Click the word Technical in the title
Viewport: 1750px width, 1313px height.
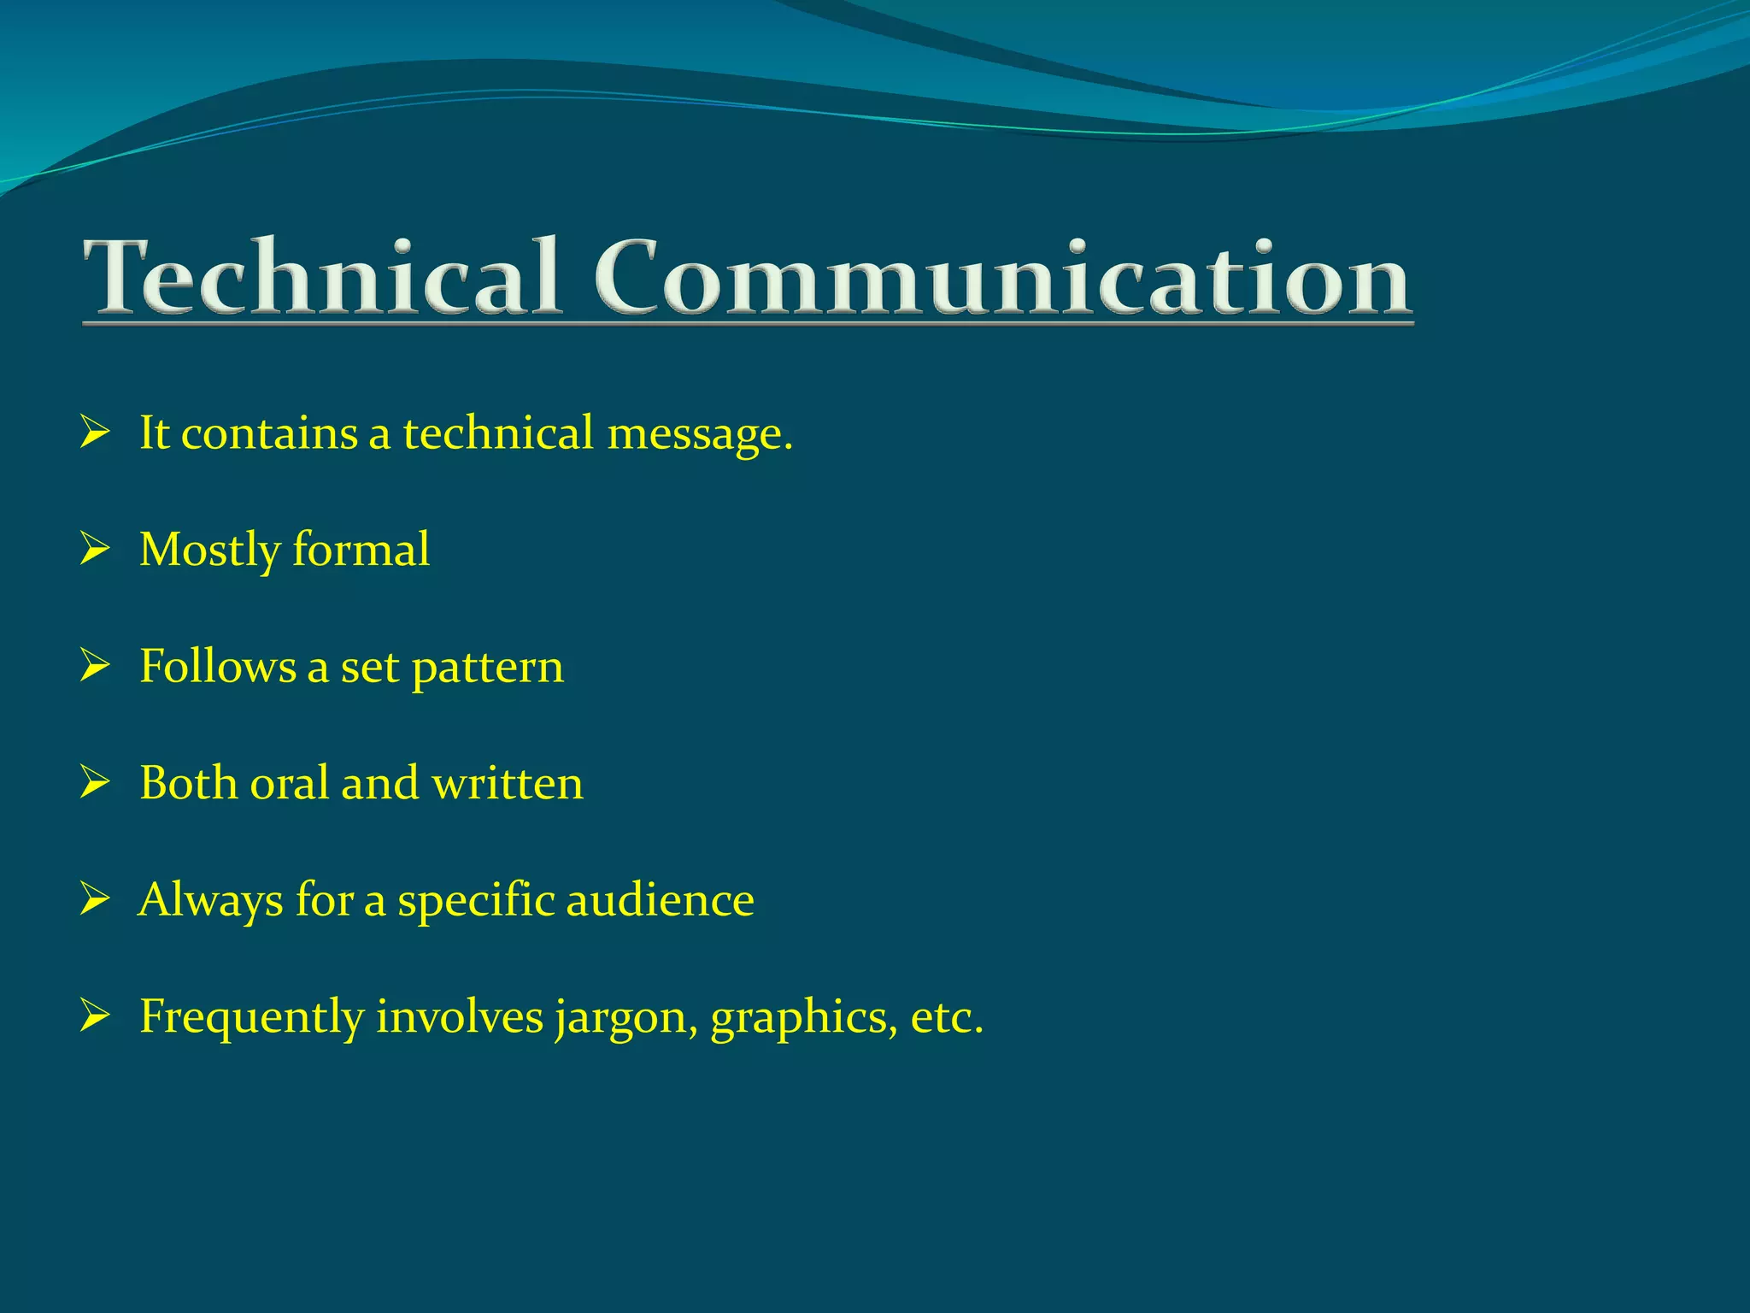pyautogui.click(x=320, y=277)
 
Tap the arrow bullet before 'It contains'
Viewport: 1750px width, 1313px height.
pyautogui.click(x=94, y=433)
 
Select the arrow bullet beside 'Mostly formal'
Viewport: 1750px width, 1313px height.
pyautogui.click(x=94, y=549)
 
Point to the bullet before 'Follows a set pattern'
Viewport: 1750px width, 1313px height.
pyautogui.click(x=94, y=666)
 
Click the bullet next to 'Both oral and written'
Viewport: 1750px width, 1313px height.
pyautogui.click(x=94, y=782)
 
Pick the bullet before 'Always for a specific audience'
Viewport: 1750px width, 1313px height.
pyautogui.click(x=94, y=899)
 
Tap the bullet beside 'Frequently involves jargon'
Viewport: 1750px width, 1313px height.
pyautogui.click(x=94, y=1016)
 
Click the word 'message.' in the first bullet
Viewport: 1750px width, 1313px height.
pyautogui.click(x=700, y=434)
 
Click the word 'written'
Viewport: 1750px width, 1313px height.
pyautogui.click(x=508, y=783)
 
